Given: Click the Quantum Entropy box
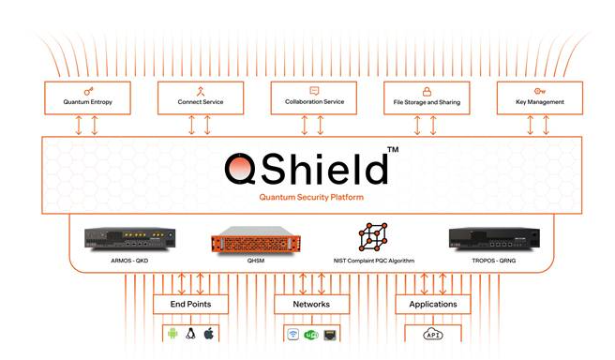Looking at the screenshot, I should (87, 97).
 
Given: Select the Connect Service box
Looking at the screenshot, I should (200, 97).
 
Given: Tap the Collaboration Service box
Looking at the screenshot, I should (313, 97).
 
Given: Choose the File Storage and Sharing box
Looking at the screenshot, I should (426, 97).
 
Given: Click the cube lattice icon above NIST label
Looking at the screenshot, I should (373, 236).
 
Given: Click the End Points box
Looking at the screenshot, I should (190, 304).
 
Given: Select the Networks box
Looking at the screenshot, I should (312, 304).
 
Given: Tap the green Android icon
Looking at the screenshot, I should (172, 334).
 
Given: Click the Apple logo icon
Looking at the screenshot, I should (209, 334).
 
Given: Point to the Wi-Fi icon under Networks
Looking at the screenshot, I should (292, 334).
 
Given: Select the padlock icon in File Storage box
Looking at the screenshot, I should (426, 91).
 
